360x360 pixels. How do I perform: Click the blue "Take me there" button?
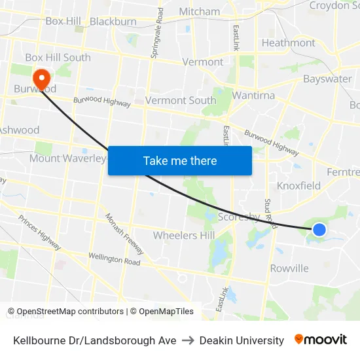pos(179,160)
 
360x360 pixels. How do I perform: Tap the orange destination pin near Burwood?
pos(41,79)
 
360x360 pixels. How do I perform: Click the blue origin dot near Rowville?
pos(319,229)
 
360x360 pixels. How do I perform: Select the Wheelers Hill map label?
pos(183,235)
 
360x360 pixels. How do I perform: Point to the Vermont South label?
pos(180,100)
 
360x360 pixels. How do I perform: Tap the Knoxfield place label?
pos(298,185)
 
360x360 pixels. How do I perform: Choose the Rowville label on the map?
pos(289,268)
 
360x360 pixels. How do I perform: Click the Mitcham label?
pos(200,11)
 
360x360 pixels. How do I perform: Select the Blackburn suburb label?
pos(113,21)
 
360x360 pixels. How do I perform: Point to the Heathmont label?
pos(288,43)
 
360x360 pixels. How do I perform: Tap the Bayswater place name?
pos(327,79)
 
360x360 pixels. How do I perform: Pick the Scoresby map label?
pos(238,217)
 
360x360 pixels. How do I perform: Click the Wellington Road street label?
pos(115,259)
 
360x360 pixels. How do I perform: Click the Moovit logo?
pos(320,340)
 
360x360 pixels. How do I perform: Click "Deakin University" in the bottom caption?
pos(242,340)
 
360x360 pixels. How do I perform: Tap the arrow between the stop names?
pos(187,340)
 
